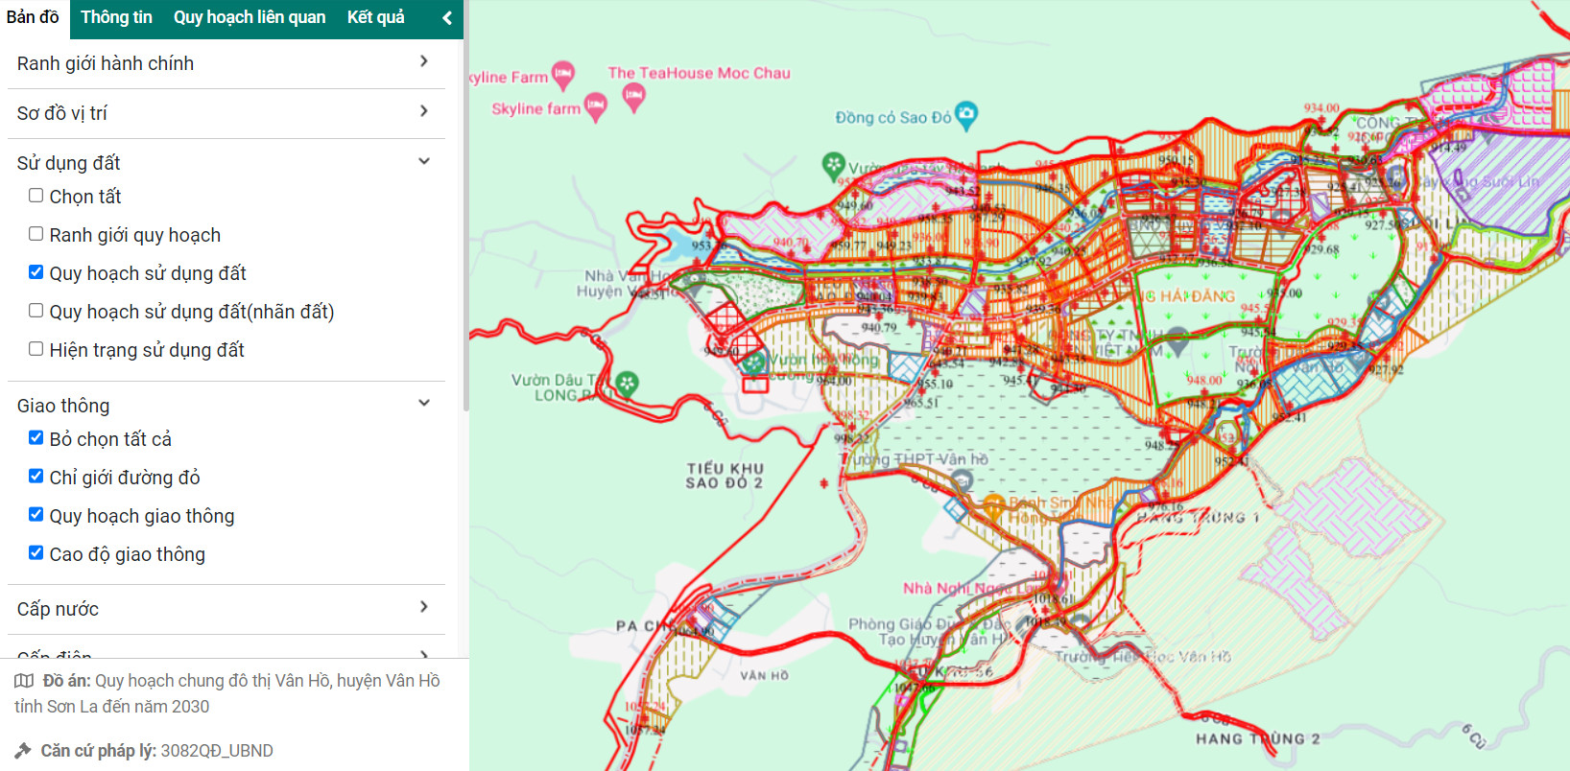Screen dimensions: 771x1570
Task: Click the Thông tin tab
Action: point(116,17)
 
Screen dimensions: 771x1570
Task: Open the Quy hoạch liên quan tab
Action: point(250,17)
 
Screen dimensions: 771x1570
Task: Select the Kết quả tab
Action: point(375,17)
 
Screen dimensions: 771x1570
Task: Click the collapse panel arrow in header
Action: point(446,18)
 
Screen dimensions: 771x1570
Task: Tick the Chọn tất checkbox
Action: point(36,196)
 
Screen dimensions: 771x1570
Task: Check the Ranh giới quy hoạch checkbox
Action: point(36,234)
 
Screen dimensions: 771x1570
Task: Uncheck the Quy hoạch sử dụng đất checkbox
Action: point(36,272)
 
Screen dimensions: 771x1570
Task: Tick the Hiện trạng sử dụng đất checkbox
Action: point(36,349)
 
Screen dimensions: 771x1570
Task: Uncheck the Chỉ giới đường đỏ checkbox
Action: point(36,477)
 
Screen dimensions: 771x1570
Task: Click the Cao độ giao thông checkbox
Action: point(36,553)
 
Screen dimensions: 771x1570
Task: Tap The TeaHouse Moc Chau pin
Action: point(633,95)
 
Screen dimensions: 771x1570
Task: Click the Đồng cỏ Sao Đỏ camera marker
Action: point(966,114)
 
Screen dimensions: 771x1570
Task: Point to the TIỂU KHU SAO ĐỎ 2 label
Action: point(725,476)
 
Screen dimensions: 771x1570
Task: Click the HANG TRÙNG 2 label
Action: point(1257,738)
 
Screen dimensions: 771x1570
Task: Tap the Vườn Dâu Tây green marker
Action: point(627,384)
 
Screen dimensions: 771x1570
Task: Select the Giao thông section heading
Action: point(63,406)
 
